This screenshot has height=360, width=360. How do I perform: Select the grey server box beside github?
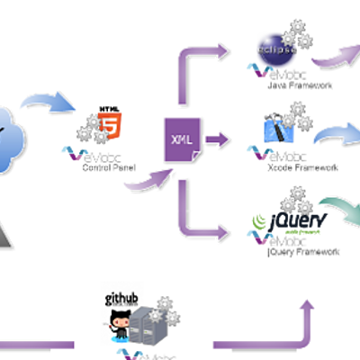click(x=147, y=328)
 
